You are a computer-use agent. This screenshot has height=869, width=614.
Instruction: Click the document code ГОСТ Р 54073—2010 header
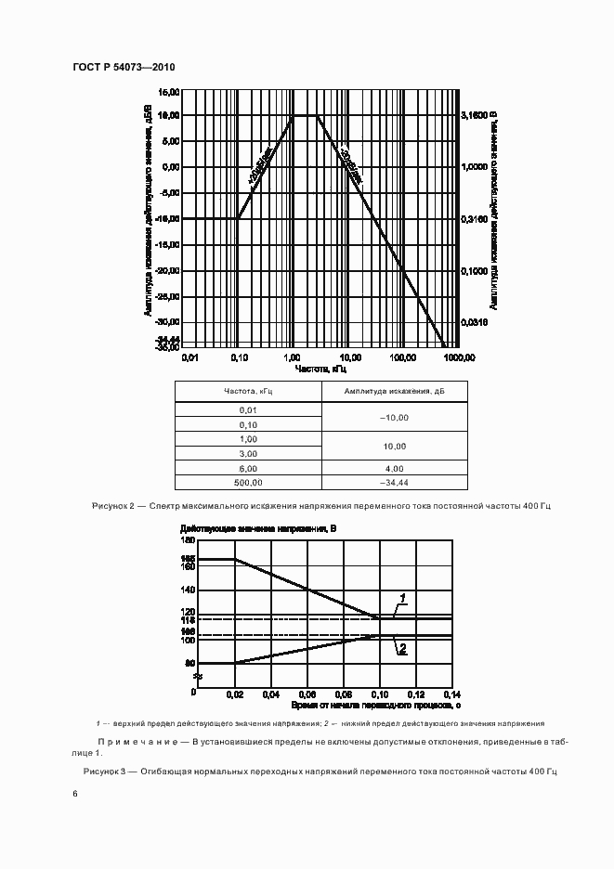tap(124, 68)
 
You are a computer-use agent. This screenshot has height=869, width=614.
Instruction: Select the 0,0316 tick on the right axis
tap(475, 322)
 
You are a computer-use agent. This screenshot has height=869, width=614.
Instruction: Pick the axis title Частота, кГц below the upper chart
tap(320, 368)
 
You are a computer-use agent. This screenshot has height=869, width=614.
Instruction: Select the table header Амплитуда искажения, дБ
tap(395, 392)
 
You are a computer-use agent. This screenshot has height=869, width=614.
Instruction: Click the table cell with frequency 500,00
tap(248, 483)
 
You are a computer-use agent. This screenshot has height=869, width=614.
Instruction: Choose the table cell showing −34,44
tap(395, 483)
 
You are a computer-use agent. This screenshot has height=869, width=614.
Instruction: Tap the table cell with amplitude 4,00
tap(395, 468)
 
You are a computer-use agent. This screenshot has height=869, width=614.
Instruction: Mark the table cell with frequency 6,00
tap(248, 468)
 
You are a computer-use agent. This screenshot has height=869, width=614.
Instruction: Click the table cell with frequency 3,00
tap(248, 453)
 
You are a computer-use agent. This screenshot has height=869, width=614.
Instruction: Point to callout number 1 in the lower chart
tap(404, 596)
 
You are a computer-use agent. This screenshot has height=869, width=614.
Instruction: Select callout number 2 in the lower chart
tap(403, 650)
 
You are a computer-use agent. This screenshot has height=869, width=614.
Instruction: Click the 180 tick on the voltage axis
tap(188, 540)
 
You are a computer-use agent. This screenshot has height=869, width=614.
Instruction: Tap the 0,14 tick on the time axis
tap(452, 694)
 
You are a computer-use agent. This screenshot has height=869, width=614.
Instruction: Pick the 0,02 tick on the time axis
tap(234, 694)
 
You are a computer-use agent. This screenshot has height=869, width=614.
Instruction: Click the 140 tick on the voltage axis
tap(188, 590)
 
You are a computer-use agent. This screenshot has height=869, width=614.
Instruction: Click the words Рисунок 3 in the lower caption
tap(110, 772)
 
